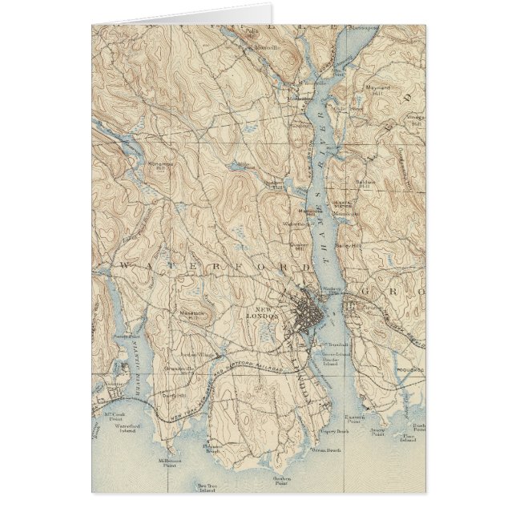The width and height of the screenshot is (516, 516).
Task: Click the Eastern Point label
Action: click(355, 419)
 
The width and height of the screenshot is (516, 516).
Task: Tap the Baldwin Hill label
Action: click(365, 183)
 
